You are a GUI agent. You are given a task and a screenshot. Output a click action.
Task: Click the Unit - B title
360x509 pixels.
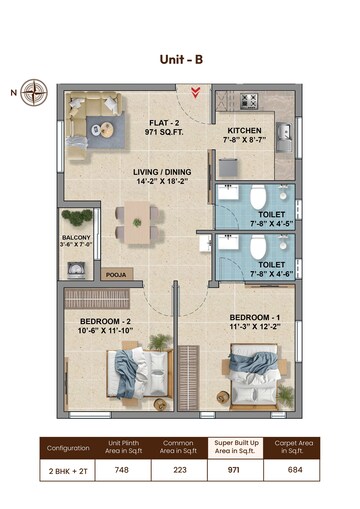pyautogui.click(x=181, y=60)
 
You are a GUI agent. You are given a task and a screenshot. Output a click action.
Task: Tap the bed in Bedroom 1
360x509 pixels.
pyautogui.click(x=252, y=371)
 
